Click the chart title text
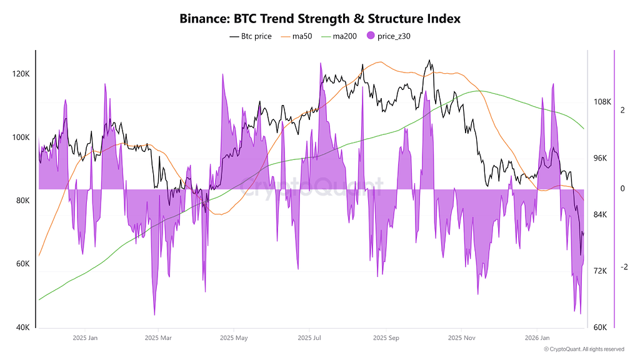point(320,19)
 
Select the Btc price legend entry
point(251,36)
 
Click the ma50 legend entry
point(302,36)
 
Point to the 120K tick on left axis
point(21,74)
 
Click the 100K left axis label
point(21,137)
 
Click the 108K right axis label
point(601,102)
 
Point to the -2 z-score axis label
point(624,267)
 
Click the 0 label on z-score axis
point(622,189)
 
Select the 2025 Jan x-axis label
point(85,339)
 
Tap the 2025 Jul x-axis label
point(309,339)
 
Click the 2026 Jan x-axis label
point(536,339)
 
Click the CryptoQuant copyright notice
point(584,349)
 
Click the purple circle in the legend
point(371,36)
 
